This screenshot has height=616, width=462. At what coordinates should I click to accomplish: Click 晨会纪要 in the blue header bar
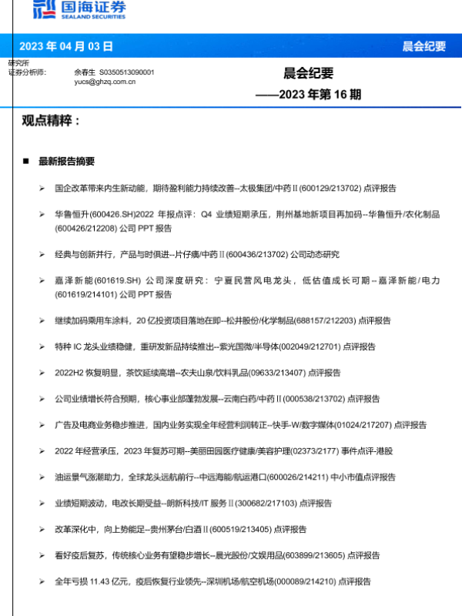[x=423, y=46]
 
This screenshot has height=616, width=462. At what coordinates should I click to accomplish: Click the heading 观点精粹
[x=51, y=121]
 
